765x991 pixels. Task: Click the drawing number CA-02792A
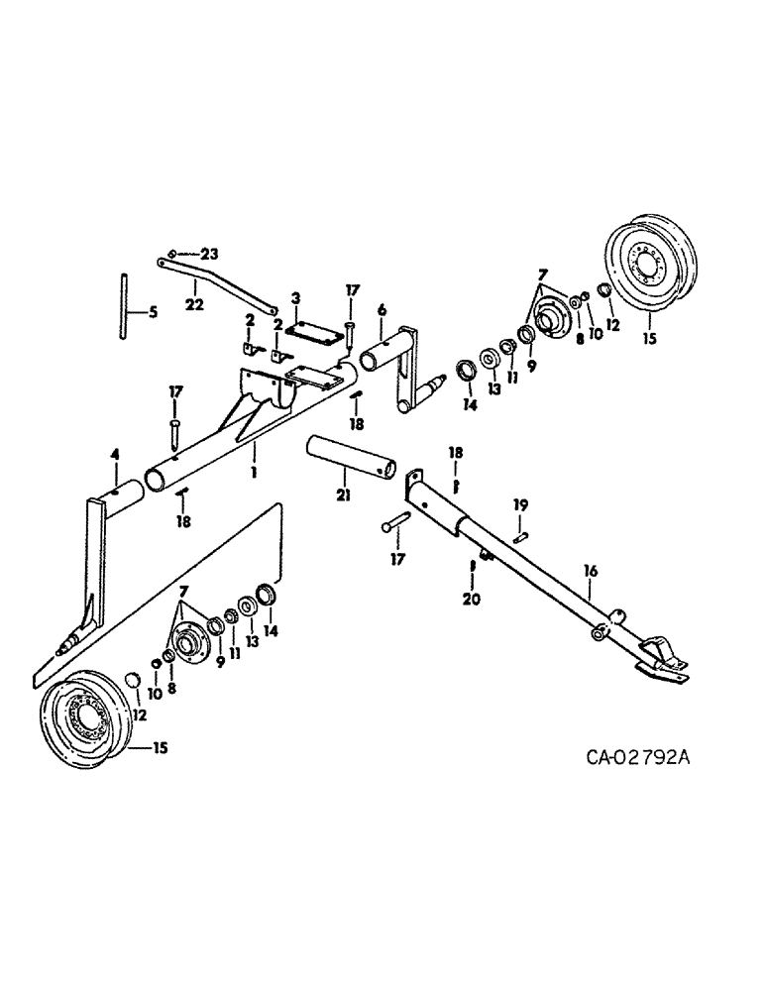click(636, 759)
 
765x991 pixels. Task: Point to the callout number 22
click(194, 304)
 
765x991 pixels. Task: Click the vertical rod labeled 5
click(124, 309)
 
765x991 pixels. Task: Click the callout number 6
click(382, 309)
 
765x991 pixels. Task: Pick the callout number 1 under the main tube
click(254, 475)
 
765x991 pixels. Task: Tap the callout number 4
click(115, 455)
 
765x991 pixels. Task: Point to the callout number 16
click(591, 573)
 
